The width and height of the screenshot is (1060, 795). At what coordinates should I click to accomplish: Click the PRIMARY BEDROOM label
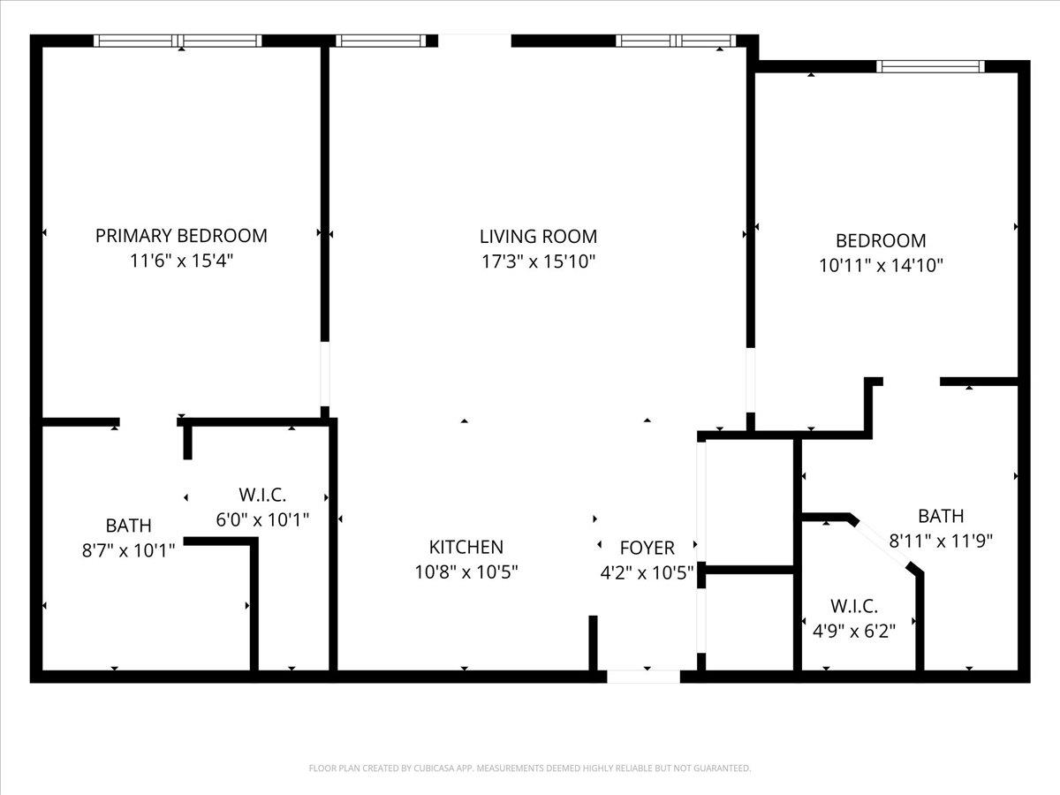point(181,236)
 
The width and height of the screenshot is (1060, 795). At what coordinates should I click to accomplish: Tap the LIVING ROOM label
point(538,237)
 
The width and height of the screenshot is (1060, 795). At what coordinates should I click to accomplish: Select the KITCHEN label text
point(466,548)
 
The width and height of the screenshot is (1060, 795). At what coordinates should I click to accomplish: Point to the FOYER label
point(647,549)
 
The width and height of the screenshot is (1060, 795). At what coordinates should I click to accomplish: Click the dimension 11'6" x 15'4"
point(181,261)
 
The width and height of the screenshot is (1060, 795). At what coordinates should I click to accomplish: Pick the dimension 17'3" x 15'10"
point(538,261)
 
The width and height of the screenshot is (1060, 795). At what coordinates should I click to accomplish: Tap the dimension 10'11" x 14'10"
point(881,265)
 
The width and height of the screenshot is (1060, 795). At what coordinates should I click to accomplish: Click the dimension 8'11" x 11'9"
point(941,541)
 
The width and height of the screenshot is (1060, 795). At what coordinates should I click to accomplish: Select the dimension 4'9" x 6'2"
point(853,631)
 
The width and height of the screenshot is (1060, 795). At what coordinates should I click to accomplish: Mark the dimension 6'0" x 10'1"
point(262,519)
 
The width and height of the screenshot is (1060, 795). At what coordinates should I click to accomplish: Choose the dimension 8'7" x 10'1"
point(128,550)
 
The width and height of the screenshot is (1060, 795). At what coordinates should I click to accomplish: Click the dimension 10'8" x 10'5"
point(466,572)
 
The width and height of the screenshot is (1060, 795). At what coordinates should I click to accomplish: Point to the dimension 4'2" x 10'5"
point(647,572)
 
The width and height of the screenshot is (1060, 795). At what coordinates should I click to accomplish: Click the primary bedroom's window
point(178,41)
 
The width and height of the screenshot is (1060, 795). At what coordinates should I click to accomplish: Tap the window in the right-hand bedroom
point(930,66)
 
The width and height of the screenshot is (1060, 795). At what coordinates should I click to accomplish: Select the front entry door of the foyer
point(643,677)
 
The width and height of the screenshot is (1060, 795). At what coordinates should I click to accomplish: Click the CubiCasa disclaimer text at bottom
point(530,768)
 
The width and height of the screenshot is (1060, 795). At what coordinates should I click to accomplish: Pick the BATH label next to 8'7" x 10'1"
point(128,526)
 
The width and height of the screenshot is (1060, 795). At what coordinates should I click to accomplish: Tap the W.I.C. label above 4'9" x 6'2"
point(853,606)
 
